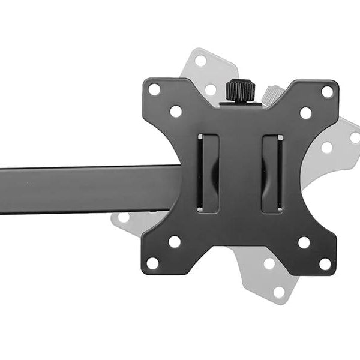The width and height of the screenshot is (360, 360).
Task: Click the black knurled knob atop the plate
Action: [240, 91]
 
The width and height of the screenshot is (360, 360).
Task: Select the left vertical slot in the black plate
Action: [208, 173]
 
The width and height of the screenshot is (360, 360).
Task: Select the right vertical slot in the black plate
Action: [272, 173]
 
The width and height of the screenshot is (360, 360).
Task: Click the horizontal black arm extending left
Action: [84, 188]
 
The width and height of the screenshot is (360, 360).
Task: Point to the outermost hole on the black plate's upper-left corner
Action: [154, 89]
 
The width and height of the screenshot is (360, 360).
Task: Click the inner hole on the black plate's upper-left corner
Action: [176, 111]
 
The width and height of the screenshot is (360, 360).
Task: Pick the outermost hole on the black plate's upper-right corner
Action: [327, 92]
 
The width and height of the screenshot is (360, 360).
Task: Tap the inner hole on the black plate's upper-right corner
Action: [305, 113]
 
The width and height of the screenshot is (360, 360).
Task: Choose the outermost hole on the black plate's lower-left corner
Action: [153, 263]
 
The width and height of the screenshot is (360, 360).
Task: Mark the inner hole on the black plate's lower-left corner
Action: [175, 242]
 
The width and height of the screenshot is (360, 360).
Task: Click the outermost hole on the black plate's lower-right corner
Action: [325, 263]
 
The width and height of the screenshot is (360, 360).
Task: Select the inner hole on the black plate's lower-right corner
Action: [304, 242]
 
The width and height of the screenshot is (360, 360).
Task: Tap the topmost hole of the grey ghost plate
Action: [200, 61]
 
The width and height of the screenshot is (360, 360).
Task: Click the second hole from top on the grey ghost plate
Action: [211, 89]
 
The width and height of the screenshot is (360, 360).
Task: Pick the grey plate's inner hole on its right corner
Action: [326, 147]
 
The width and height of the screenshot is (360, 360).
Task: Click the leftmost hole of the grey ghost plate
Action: [124, 217]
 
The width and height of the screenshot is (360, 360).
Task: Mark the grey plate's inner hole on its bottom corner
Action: [269, 263]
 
